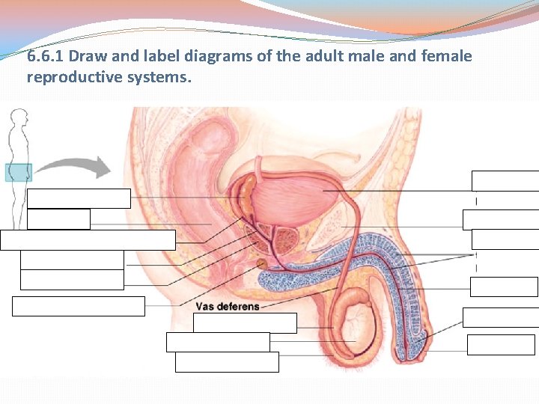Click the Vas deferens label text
point(228,307)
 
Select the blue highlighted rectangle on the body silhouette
point(19,173)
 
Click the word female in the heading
point(449,57)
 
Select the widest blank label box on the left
point(88,240)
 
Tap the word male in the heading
point(365,57)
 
